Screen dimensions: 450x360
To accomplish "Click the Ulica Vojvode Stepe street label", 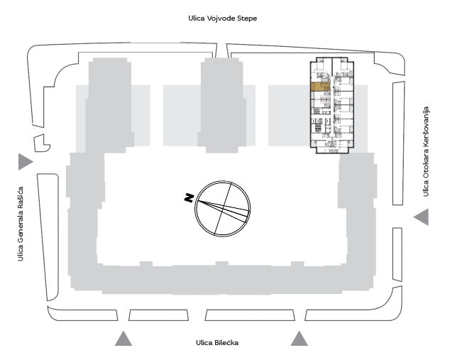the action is [x=222, y=18].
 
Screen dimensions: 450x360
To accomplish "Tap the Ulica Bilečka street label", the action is [x=217, y=342].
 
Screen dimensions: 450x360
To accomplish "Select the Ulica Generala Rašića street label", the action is [x=21, y=224].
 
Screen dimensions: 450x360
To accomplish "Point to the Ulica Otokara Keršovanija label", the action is [x=426, y=151].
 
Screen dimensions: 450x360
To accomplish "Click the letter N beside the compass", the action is [x=189, y=198].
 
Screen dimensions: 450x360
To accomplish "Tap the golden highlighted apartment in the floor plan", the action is [x=320, y=87].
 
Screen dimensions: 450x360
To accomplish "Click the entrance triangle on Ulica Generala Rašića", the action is [x=26, y=162].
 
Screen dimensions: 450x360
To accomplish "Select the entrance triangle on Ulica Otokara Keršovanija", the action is [x=421, y=217].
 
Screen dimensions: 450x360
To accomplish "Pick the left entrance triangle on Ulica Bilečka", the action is [x=124, y=339].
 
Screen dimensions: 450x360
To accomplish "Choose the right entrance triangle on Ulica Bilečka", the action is [x=300, y=339].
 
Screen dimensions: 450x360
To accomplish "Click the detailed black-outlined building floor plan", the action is [x=332, y=105].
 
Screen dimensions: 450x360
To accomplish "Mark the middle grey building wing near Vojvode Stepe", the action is [x=222, y=105].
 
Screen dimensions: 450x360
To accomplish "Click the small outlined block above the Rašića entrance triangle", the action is [x=42, y=143].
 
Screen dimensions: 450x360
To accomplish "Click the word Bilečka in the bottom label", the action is [x=226, y=342].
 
